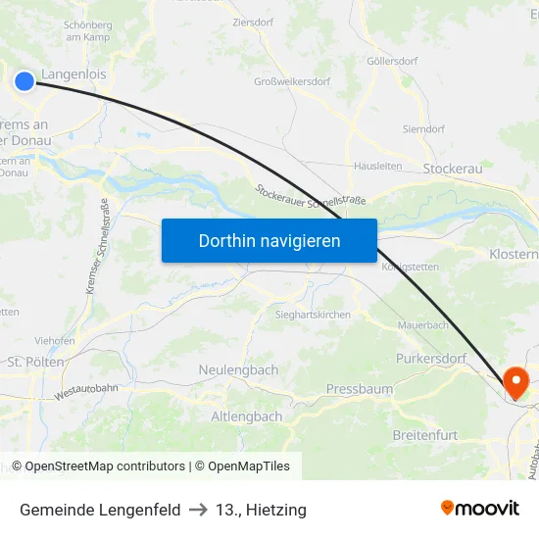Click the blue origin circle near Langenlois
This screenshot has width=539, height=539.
point(24,80)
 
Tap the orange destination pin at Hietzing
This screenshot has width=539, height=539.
point(514,380)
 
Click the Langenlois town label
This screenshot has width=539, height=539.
point(74,73)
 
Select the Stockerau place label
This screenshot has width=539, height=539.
point(453,169)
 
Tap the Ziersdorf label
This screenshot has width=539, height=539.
point(254,21)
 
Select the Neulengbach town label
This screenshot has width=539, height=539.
point(238,370)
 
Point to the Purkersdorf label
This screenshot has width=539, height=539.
point(431,359)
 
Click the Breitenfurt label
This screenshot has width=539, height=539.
point(425,434)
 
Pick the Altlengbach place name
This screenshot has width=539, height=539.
point(247,416)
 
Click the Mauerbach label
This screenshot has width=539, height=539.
point(422,324)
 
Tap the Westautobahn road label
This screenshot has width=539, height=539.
point(86,391)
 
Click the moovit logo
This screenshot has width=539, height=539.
point(479,508)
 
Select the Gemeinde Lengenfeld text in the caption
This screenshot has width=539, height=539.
point(100,510)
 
